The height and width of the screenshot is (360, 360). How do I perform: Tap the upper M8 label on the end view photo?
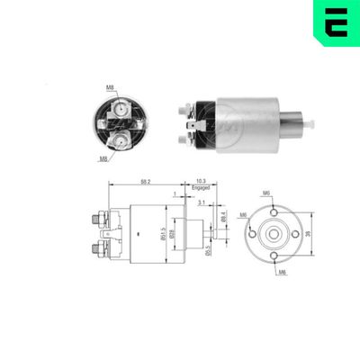click(109, 87)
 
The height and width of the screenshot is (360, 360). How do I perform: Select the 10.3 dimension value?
click(201, 181)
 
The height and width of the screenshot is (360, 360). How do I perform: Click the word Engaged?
click(201, 188)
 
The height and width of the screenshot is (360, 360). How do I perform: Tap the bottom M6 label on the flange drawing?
click(282, 273)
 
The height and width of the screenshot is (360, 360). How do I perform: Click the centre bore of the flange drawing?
click(272, 233)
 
